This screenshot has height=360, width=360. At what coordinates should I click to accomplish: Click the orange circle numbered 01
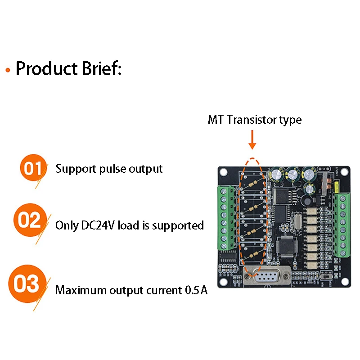coord(33,167)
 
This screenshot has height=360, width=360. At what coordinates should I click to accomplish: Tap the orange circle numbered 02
coord(30,220)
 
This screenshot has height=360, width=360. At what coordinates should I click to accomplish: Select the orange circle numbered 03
coord(27,283)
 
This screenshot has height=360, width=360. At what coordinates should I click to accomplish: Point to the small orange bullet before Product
coord(8,70)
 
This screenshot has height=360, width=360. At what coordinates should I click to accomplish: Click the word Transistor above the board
coord(252,120)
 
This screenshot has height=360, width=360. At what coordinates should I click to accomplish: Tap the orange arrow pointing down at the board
coord(252,139)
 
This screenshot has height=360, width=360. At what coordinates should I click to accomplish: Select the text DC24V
coord(98,225)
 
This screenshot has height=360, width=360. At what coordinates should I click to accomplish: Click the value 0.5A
coord(196,290)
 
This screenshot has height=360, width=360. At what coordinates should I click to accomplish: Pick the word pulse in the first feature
coord(112,170)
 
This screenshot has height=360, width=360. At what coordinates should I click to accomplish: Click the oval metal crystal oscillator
coord(297,221)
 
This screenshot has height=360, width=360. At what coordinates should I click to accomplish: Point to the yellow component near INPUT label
coord(337,187)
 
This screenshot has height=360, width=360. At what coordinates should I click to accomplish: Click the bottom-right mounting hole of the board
coord(344,281)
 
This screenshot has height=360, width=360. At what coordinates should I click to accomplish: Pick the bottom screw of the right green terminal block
coord(343,253)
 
